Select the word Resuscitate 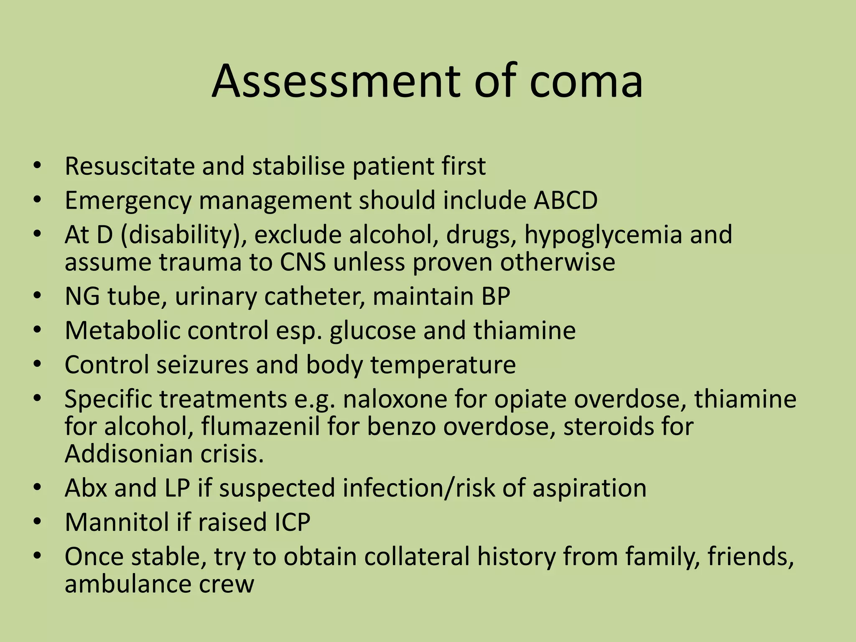tap(129, 166)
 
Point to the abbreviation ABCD tap(566, 200)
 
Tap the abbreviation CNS tap(303, 262)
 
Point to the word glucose tap(372, 331)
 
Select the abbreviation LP tap(177, 488)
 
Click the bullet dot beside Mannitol tap(38, 522)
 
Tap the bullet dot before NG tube tap(38, 296)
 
